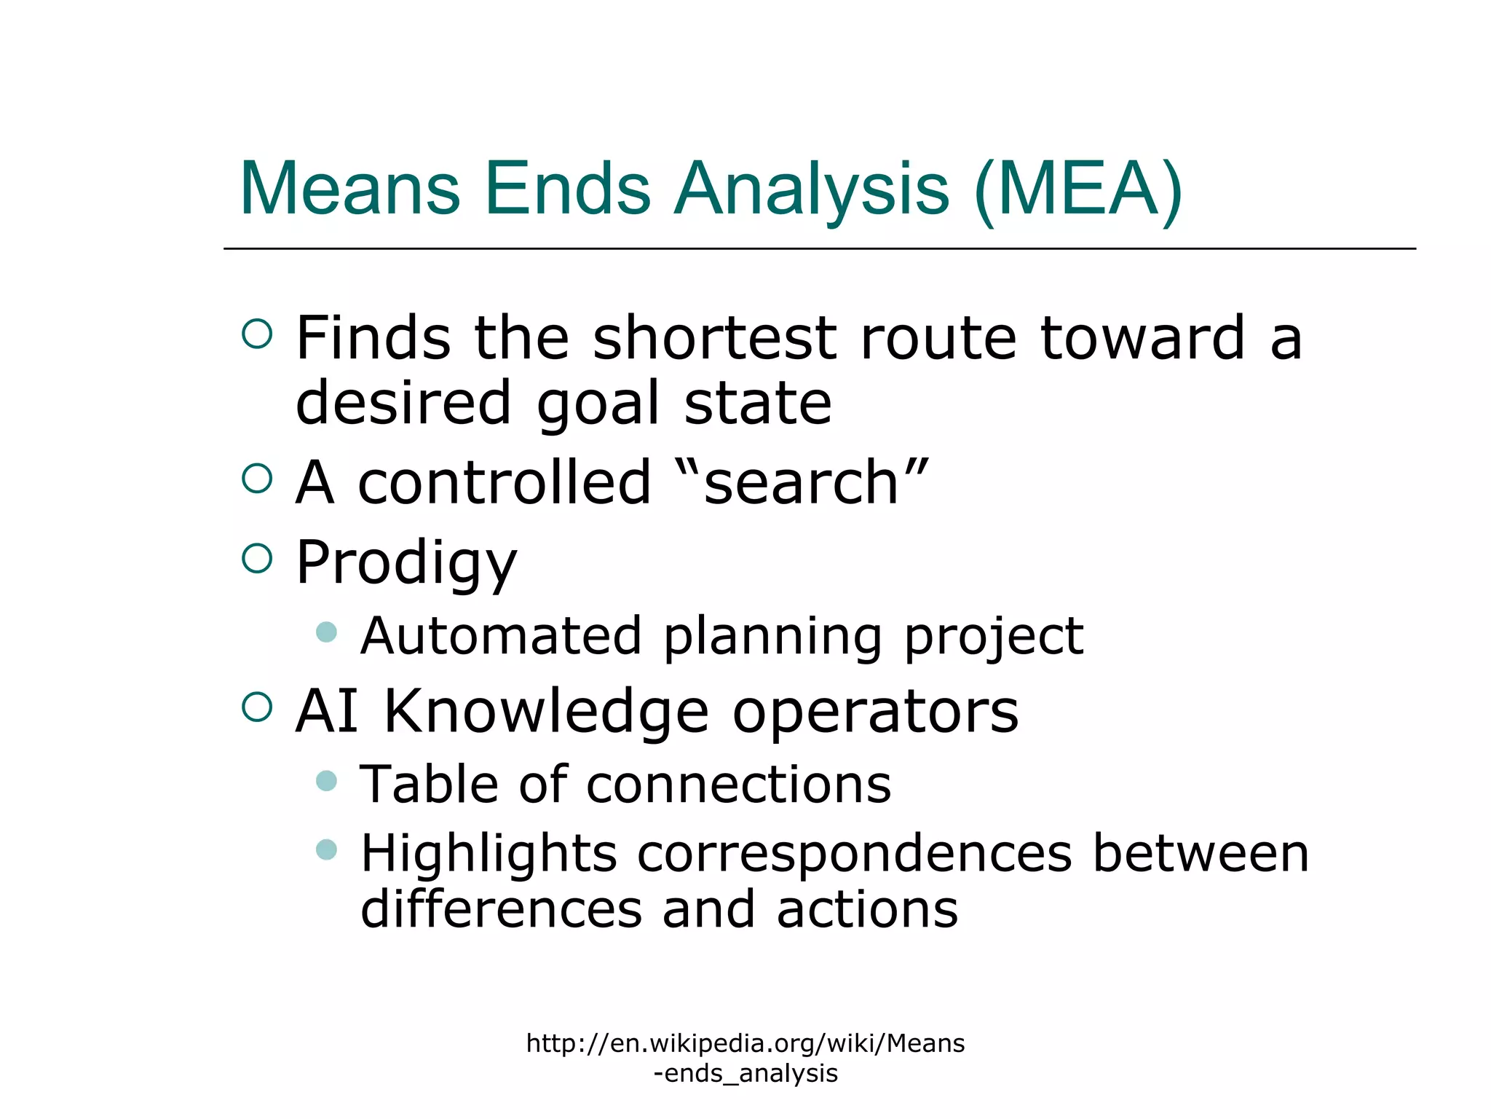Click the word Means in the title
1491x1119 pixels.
click(349, 189)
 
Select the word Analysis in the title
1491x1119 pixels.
click(811, 189)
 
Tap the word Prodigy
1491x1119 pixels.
click(406, 563)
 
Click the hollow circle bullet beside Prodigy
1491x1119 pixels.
click(257, 558)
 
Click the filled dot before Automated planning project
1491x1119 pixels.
click(327, 632)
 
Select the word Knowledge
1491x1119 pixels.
click(546, 712)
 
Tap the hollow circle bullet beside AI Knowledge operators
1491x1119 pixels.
click(257, 707)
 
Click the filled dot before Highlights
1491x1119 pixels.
click(327, 849)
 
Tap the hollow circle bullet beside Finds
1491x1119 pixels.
click(257, 334)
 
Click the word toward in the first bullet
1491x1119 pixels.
click(1142, 338)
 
